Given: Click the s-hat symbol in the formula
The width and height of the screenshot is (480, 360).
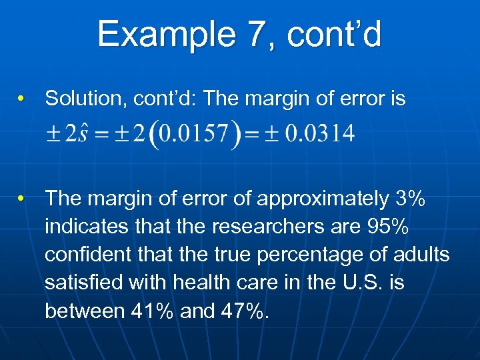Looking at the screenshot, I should click(80, 133).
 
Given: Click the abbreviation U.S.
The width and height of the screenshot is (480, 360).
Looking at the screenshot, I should click(360, 283).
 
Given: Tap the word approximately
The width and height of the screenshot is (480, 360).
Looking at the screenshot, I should click(323, 198).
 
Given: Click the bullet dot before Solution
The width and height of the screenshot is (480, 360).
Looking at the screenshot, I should click(22, 100).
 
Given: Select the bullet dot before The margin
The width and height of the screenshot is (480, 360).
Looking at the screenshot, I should click(22, 199).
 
